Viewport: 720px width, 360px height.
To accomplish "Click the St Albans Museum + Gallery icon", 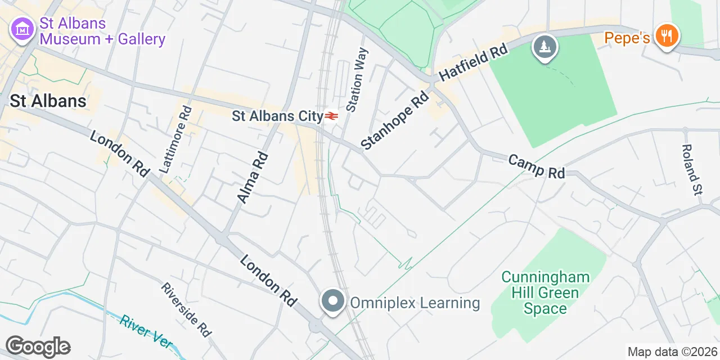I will pyautogui.click(x=22, y=30).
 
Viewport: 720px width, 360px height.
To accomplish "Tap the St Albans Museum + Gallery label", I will pyautogui.click(x=102, y=31).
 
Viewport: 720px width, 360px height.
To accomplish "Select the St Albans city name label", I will pyautogui.click(x=48, y=101).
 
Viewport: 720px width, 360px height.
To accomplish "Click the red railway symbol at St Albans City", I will pyautogui.click(x=331, y=116).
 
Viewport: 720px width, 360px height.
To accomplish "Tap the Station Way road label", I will pyautogui.click(x=358, y=79).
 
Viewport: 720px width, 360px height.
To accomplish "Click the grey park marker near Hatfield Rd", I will pyautogui.click(x=545, y=47).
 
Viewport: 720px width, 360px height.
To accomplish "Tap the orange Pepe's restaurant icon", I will pyautogui.click(x=667, y=36).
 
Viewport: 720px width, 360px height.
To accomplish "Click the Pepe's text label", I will pyautogui.click(x=627, y=38).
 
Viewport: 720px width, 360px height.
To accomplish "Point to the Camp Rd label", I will pyautogui.click(x=536, y=166).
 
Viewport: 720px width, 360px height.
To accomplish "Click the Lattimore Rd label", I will pyautogui.click(x=175, y=138).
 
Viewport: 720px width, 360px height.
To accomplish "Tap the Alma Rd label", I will pyautogui.click(x=253, y=177).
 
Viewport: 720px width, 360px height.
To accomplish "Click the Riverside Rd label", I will pyautogui.click(x=186, y=310).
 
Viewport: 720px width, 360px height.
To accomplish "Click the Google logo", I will pyautogui.click(x=38, y=346).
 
